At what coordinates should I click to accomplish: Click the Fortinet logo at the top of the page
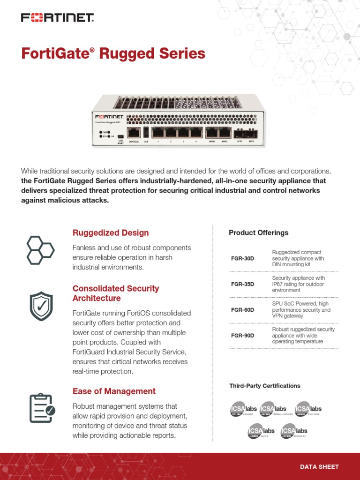coord(57,18)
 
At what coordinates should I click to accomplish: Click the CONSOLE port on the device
coord(134,133)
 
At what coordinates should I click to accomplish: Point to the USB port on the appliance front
coord(146,132)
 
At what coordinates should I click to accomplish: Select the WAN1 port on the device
coord(211,133)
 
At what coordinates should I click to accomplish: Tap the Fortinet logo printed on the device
coord(109,116)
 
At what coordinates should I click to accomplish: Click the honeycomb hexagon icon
coord(40,250)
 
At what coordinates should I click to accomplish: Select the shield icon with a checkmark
coord(41,306)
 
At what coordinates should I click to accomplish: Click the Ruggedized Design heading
coord(111,233)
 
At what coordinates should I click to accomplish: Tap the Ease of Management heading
coord(114,391)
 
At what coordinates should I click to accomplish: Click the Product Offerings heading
coord(258,233)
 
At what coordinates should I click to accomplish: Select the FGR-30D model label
coord(243,259)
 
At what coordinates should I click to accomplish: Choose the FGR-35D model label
coord(243,285)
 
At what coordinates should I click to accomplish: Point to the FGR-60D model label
coord(243,310)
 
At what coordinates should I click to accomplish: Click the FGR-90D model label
coord(243,336)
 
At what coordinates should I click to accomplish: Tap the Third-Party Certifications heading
coord(264,386)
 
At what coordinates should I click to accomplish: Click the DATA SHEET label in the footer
coord(319,467)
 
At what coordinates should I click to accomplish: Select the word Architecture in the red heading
coord(97,299)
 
